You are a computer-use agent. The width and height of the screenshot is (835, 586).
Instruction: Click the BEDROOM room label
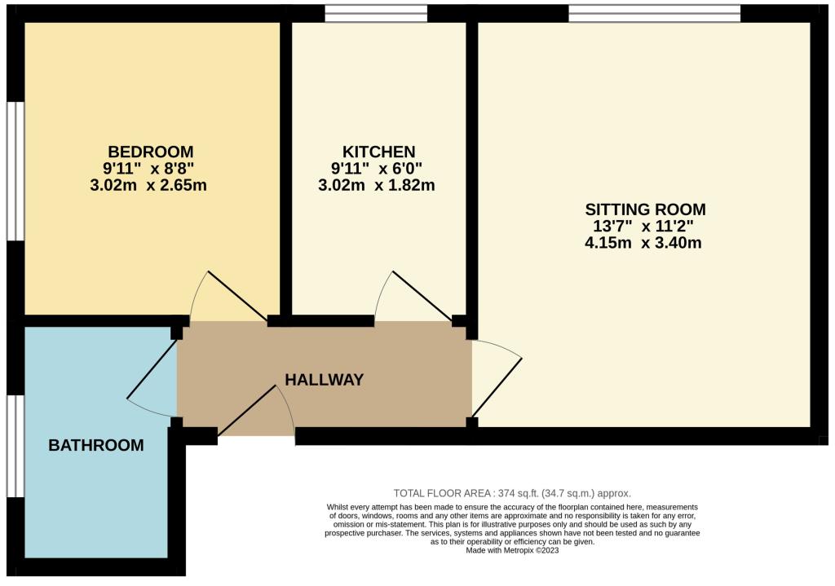pyautogui.click(x=151, y=152)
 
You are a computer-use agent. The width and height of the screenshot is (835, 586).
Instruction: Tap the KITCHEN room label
pyautogui.click(x=378, y=152)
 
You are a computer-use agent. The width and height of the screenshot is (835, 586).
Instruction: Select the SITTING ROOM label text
pyautogui.click(x=646, y=209)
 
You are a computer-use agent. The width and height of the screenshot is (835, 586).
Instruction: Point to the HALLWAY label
pyautogui.click(x=325, y=380)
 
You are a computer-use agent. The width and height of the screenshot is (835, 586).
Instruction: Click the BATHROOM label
pyautogui.click(x=96, y=445)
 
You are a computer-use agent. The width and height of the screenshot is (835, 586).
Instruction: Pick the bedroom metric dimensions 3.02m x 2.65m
pyautogui.click(x=148, y=185)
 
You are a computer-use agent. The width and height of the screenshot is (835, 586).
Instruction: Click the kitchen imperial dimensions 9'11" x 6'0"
pyautogui.click(x=377, y=169)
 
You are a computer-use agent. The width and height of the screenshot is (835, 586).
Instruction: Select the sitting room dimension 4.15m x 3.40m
pyautogui.click(x=643, y=243)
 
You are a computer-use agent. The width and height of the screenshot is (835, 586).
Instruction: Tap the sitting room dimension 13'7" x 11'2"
pyautogui.click(x=643, y=227)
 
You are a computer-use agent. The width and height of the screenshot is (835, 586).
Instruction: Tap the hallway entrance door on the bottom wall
pyautogui.click(x=256, y=410)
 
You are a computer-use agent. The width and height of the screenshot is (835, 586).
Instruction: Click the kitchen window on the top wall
pyautogui.click(x=376, y=13)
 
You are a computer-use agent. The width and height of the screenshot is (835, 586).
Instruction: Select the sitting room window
pyautogui.click(x=655, y=13)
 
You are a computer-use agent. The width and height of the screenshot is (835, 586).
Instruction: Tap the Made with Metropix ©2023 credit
pyautogui.click(x=512, y=550)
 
